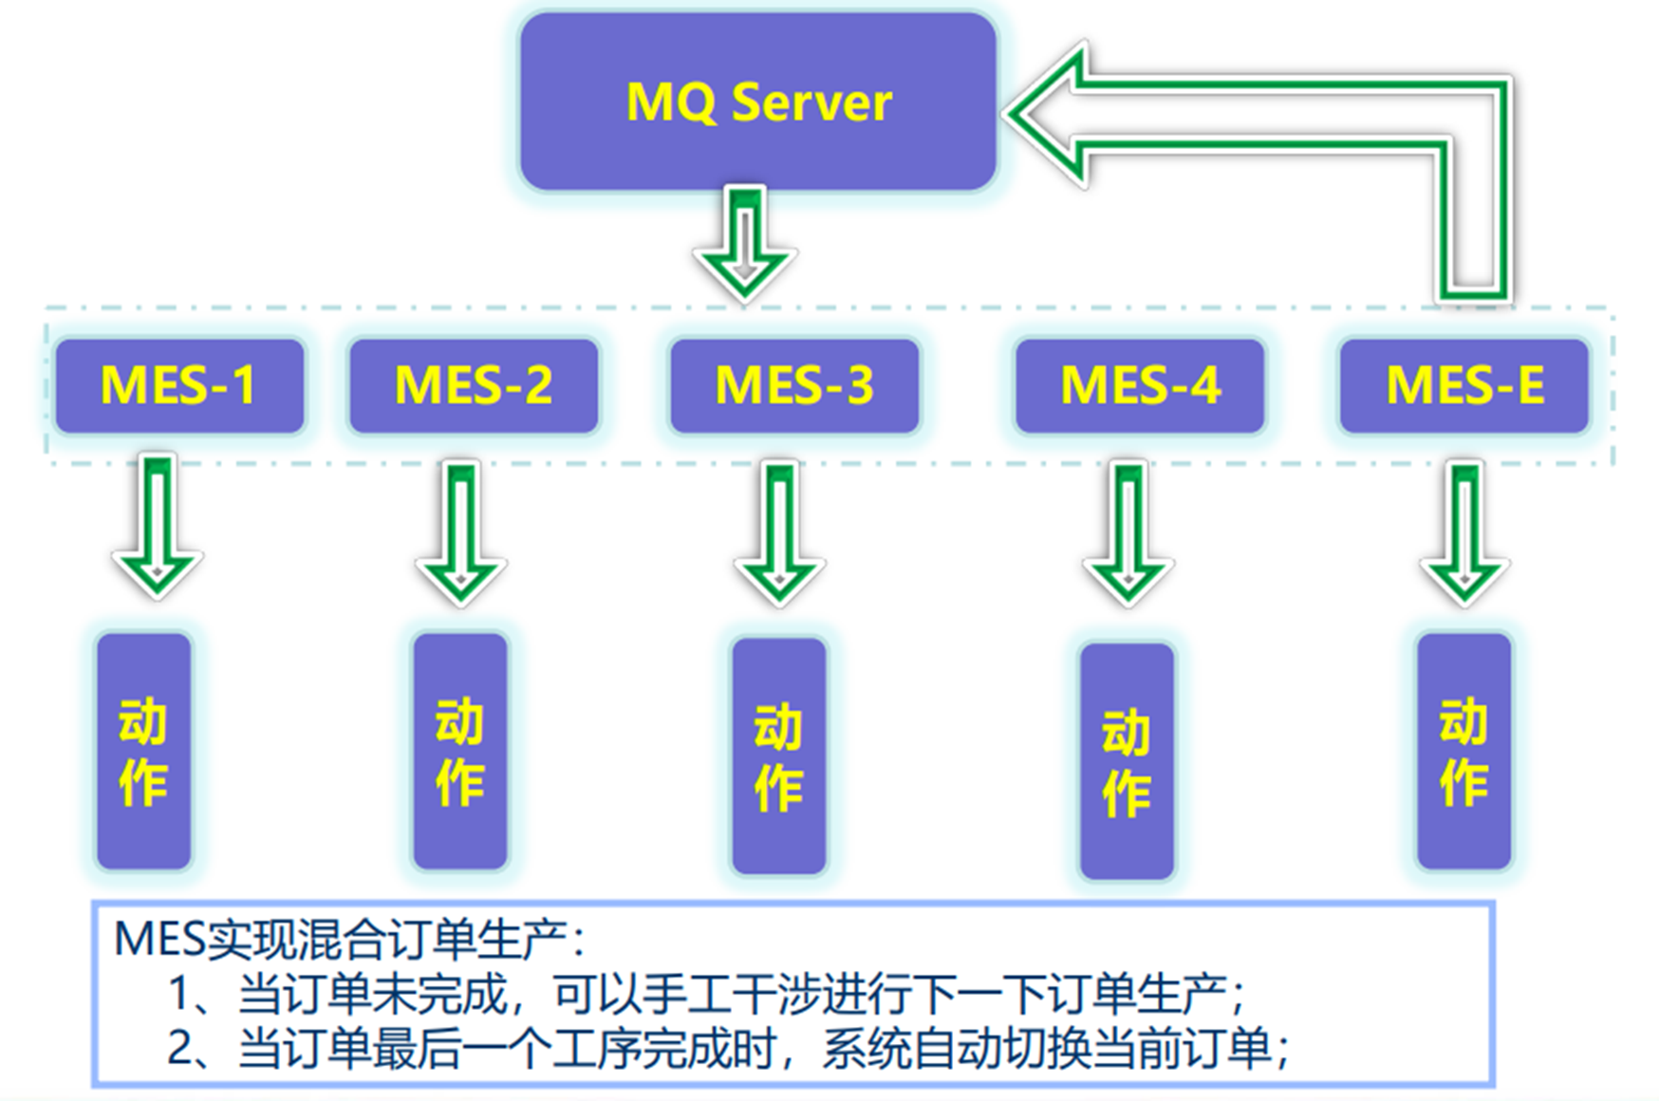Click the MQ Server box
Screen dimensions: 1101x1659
757,102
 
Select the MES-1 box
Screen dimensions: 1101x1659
179,385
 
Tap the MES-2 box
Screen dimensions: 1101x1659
474,385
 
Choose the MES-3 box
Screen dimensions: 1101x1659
794,385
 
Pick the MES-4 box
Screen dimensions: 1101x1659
1140,385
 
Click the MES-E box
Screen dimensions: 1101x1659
1464,385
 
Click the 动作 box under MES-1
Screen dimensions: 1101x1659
143,751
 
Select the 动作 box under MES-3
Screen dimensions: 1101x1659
778,756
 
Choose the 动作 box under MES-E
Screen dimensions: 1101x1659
1463,751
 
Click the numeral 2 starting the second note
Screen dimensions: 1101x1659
180,1048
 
